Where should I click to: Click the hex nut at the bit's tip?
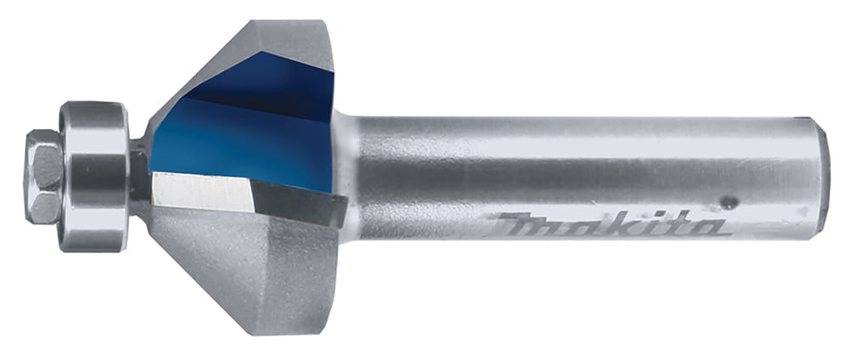(42, 177)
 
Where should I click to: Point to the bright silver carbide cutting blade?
(203, 192)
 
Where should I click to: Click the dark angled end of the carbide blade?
(298, 204)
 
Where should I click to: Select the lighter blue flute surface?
(239, 143)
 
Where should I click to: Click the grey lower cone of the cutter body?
(244, 265)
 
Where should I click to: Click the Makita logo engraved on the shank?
(609, 224)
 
